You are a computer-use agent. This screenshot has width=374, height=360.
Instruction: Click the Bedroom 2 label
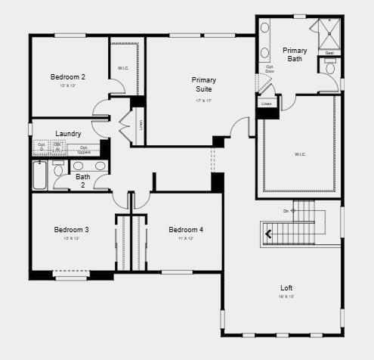68,76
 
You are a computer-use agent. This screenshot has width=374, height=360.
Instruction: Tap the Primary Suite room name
204,84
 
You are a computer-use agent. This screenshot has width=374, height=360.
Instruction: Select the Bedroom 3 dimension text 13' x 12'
71,239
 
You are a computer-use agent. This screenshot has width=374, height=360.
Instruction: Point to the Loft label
286,288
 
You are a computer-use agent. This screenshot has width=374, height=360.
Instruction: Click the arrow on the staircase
269,234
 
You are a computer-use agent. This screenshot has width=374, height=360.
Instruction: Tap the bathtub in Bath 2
39,175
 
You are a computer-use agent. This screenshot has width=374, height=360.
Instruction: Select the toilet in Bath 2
59,168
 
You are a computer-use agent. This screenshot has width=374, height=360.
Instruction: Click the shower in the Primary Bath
329,33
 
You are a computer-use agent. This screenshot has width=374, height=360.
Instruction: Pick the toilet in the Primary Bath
331,68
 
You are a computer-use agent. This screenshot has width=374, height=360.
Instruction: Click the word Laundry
68,134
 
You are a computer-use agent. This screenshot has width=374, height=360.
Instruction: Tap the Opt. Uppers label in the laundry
84,149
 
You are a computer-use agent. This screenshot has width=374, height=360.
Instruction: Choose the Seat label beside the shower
329,53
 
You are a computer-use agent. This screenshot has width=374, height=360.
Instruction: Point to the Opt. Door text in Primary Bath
270,69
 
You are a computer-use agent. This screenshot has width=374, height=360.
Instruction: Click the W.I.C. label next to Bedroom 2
123,69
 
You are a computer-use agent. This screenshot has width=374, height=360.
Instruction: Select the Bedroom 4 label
186,230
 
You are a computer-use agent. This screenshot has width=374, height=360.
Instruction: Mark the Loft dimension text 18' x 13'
286,297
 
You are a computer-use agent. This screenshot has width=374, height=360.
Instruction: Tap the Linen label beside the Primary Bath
267,104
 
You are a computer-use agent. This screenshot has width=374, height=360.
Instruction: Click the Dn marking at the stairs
287,210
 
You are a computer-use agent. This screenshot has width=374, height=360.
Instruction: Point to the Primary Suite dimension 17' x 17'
204,100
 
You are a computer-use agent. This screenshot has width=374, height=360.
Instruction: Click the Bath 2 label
83,181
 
